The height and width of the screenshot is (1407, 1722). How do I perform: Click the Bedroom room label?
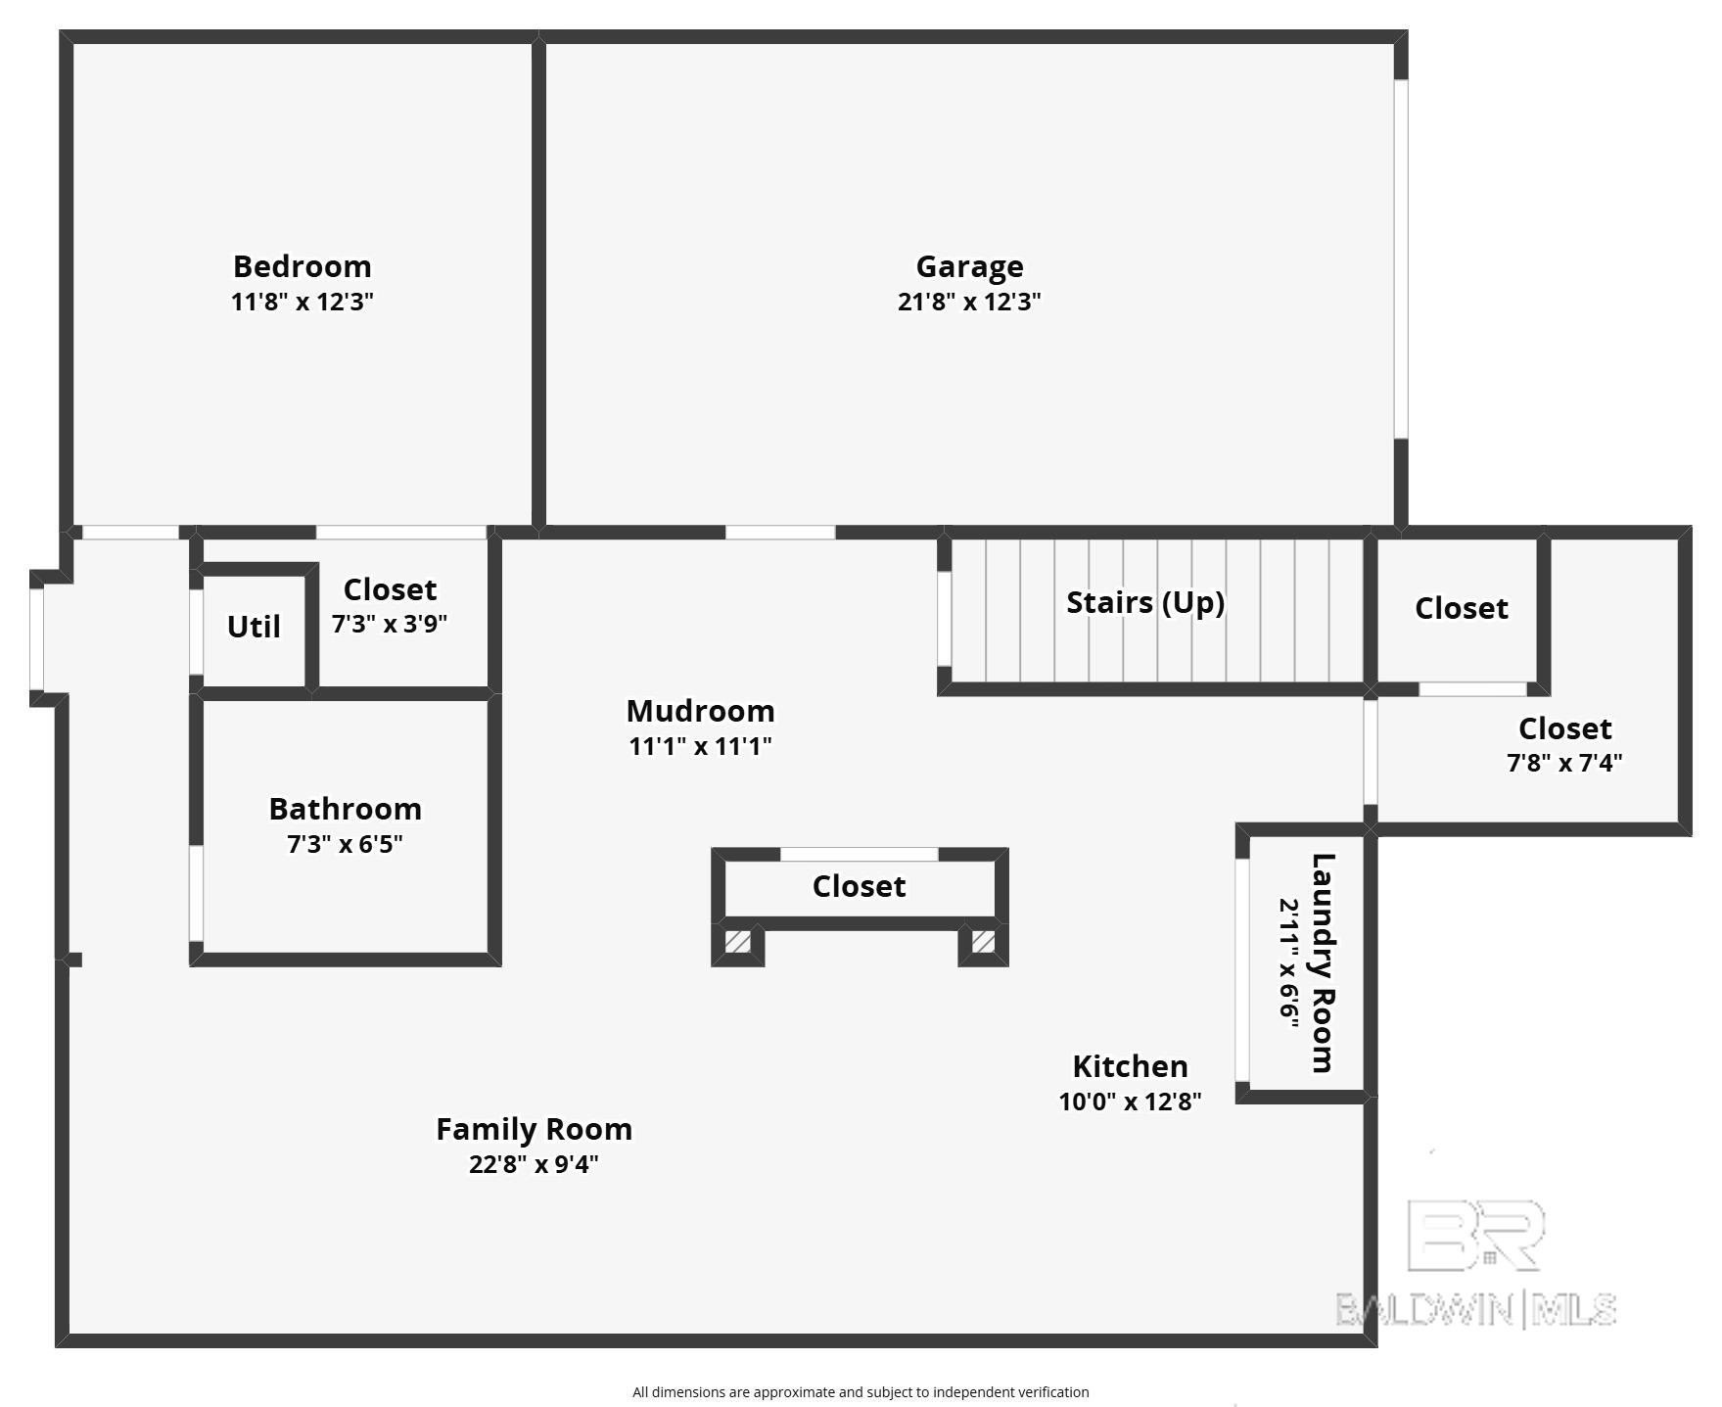(302, 266)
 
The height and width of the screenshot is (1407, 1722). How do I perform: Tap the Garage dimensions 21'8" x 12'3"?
(968, 302)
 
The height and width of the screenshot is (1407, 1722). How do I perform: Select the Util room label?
(254, 627)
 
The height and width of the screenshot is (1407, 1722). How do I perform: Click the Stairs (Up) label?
(1144, 602)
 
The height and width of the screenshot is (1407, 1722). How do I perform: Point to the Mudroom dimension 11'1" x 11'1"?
(700, 746)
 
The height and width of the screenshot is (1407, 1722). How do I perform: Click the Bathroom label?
(345, 809)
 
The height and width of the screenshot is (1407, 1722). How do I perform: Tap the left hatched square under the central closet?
(737, 942)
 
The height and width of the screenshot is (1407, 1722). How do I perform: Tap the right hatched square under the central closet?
(983, 942)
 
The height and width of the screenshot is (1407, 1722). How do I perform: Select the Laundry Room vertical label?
(1322, 963)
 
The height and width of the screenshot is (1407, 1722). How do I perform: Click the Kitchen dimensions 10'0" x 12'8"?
(1130, 1102)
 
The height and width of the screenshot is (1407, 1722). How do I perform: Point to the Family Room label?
(534, 1129)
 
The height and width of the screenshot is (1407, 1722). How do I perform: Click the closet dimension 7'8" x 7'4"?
(1563, 763)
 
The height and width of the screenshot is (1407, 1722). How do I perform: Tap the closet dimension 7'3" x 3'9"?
(389, 624)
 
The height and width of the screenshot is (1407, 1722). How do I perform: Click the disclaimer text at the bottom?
(860, 1391)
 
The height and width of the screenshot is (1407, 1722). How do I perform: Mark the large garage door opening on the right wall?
(1401, 259)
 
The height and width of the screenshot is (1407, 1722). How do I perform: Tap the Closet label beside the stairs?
(1461, 608)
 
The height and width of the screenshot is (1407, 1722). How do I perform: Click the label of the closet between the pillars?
(859, 886)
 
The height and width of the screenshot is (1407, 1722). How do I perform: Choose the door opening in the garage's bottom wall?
(779, 533)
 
